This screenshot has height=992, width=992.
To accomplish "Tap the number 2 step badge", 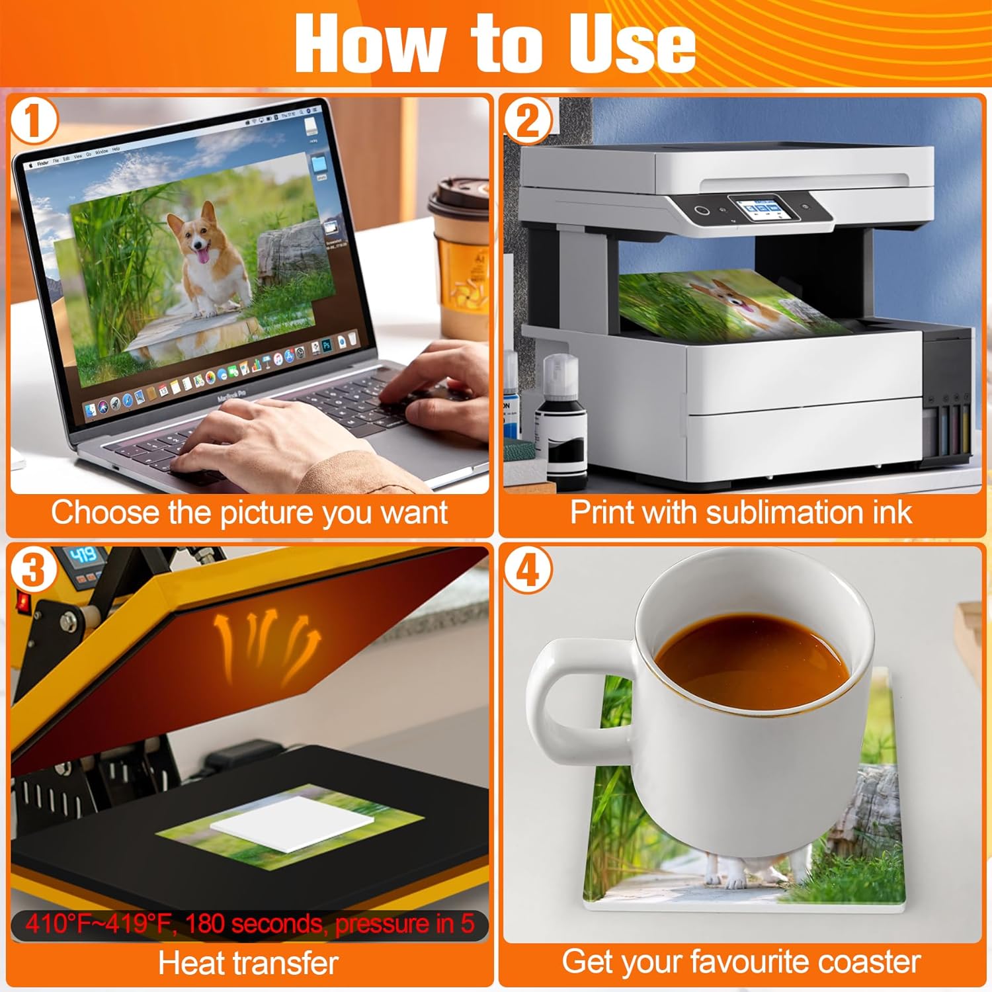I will click(x=527, y=120).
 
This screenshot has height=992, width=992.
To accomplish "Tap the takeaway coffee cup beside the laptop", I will click(x=459, y=258).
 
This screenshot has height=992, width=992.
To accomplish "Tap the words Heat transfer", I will click(x=248, y=963).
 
